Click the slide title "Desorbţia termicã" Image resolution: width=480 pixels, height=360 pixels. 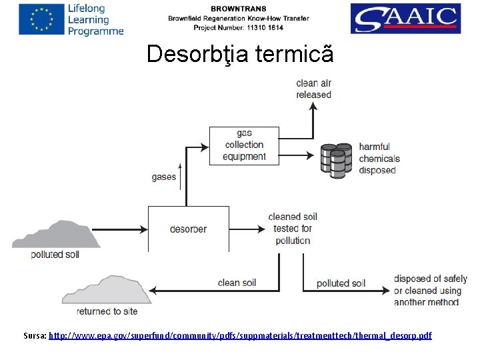tap(239, 54)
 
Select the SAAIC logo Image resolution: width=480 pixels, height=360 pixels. tap(405, 19)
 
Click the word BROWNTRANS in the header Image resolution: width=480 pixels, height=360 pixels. tap(238, 9)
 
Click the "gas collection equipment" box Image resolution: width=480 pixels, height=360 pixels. tap(244, 145)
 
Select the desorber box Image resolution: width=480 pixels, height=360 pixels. tap(188, 229)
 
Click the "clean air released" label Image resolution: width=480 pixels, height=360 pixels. tap(313, 89)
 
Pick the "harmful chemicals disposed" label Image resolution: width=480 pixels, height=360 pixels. tap(379, 158)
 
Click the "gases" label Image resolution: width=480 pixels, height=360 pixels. tap(164, 177)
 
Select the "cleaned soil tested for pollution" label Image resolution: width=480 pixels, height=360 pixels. tap(293, 229)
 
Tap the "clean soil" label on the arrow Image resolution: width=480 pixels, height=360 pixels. tap(237, 283)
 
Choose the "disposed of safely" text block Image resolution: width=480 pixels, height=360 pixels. tap(430, 290)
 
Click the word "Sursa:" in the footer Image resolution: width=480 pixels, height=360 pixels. tap(35, 335)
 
